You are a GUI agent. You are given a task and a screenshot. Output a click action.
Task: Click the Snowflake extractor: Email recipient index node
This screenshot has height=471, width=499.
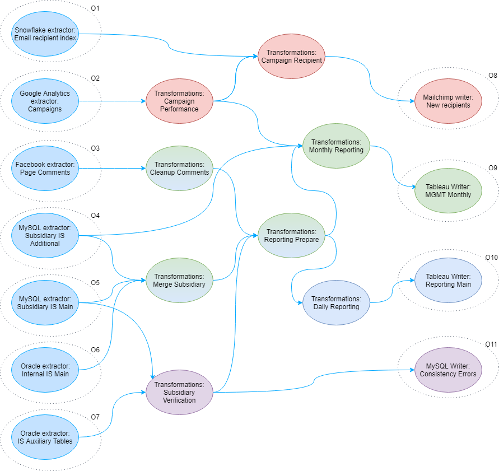45,34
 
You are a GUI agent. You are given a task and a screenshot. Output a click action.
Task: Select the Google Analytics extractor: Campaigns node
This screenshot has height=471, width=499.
45,101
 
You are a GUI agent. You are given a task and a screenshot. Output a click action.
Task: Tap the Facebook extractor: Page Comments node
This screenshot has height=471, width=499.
45,168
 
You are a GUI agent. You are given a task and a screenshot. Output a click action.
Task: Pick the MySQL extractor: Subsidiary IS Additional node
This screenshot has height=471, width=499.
45,235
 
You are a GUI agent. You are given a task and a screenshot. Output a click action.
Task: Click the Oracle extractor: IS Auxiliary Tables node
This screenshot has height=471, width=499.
45,437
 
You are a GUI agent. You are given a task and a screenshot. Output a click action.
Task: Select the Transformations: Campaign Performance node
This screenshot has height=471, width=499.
179,101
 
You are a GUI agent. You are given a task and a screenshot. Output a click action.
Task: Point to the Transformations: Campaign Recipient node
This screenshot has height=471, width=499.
291,56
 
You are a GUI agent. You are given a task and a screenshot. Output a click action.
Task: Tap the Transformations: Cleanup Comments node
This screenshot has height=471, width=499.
179,168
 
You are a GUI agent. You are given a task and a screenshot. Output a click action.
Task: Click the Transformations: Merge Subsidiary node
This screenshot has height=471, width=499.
179,280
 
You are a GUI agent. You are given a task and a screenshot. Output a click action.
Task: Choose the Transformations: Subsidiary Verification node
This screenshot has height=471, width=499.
179,392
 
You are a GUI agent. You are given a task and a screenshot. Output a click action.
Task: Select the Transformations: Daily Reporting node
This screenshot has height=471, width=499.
336,302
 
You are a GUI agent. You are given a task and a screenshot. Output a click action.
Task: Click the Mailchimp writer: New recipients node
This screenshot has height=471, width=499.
447,101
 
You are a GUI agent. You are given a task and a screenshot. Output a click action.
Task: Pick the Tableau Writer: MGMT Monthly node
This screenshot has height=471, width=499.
447,190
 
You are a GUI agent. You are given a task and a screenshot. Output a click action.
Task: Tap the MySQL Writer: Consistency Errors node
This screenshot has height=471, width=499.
447,370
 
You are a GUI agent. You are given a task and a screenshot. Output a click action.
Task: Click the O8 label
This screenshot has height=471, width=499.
492,75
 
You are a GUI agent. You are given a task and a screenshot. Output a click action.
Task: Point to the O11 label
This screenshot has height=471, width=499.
491,344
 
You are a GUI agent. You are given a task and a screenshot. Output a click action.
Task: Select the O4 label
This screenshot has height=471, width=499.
95,215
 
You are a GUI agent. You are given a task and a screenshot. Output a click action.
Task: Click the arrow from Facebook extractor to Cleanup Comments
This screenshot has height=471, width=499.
112,168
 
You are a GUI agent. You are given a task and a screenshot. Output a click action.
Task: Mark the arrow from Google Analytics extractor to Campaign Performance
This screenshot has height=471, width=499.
112,101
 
